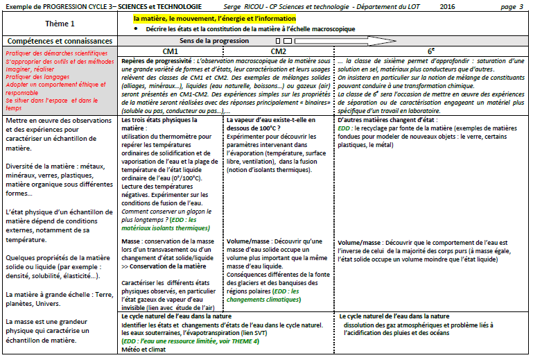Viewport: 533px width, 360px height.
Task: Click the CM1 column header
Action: pos(171,51)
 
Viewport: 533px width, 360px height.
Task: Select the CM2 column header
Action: pos(279,51)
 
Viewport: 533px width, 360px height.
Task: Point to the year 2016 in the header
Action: pos(448,6)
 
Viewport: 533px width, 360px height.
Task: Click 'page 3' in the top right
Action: pos(512,6)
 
